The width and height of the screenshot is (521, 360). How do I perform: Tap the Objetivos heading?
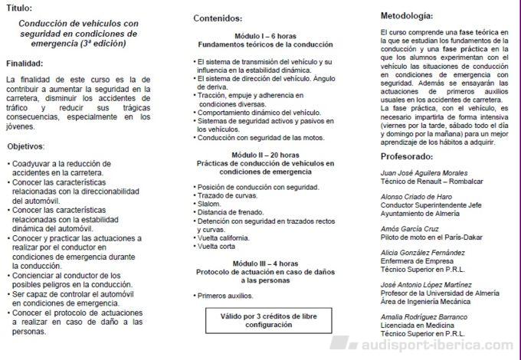(x=26, y=146)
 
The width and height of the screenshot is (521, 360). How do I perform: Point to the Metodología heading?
(x=411, y=15)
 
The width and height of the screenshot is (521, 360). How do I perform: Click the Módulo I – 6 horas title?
(x=264, y=36)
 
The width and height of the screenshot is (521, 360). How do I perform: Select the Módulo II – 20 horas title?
(x=264, y=155)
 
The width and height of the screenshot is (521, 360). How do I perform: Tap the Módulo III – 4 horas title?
(x=264, y=263)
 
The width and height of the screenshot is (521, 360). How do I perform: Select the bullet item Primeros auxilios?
(x=225, y=295)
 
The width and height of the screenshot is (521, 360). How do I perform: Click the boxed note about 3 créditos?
(x=264, y=319)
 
